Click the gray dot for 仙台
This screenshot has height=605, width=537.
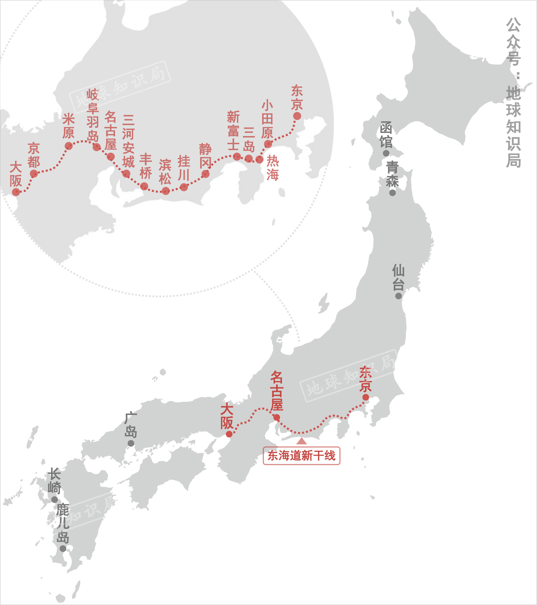point(398,296)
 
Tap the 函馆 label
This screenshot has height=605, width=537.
point(386,135)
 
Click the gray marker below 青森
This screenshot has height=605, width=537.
point(392,193)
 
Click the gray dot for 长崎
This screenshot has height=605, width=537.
point(55,500)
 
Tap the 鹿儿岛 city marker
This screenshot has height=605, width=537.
point(63,548)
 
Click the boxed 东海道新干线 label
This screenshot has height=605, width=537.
point(301,456)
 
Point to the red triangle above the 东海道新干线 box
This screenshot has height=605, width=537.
point(301,441)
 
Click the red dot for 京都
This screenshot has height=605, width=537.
point(34,174)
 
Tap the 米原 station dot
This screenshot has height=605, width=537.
point(69,146)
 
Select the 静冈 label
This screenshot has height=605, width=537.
point(205,156)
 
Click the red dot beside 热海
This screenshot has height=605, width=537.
point(259,159)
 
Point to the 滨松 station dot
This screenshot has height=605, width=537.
point(166,191)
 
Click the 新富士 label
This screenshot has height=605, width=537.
point(233,131)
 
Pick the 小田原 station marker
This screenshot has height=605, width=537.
point(268,144)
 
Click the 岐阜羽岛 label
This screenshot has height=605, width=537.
point(92,115)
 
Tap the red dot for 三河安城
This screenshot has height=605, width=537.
point(126,173)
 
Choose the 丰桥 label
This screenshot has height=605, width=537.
point(145,166)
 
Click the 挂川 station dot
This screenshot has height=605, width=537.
point(184,187)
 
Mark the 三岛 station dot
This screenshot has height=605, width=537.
point(249,158)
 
